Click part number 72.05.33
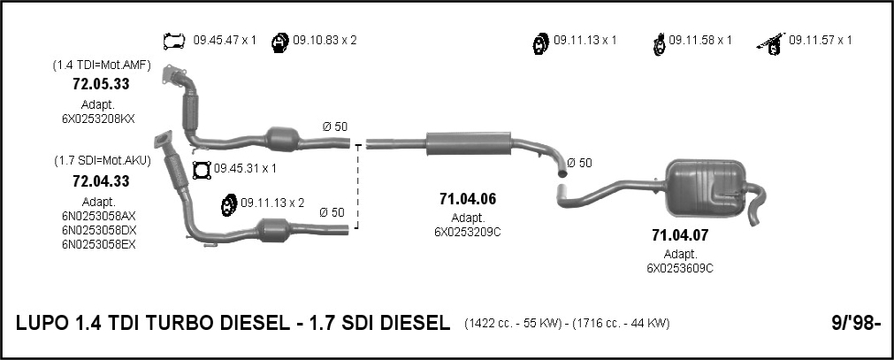pyautogui.click(x=101, y=84)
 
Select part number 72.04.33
pyautogui.click(x=101, y=181)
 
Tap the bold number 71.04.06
pyautogui.click(x=468, y=199)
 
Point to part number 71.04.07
pyautogui.click(x=680, y=235)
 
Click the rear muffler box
pyautogui.click(x=707, y=188)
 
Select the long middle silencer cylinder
pyautogui.click(x=468, y=143)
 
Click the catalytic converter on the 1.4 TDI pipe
pyautogui.click(x=283, y=139)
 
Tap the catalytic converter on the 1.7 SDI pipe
pyautogui.click(x=274, y=230)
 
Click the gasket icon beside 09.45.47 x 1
pyautogui.click(x=174, y=41)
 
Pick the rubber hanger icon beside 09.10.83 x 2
pyautogui.click(x=279, y=42)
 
